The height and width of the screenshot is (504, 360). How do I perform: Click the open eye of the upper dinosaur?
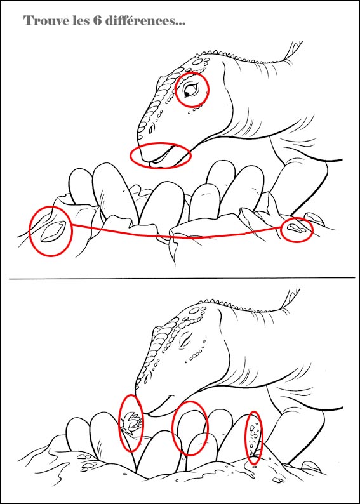point(190,90)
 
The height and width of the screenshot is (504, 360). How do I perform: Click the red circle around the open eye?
point(176,90)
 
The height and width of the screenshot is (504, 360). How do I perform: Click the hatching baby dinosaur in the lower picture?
point(132,422)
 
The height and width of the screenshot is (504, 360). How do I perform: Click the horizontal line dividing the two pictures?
point(182,278)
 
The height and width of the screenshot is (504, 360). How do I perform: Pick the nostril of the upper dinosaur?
point(150,129)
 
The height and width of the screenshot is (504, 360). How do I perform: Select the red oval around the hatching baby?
point(120,423)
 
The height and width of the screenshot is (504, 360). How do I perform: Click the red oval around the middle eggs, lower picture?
point(173,427)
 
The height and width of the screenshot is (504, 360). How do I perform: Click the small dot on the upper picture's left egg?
point(124,190)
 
